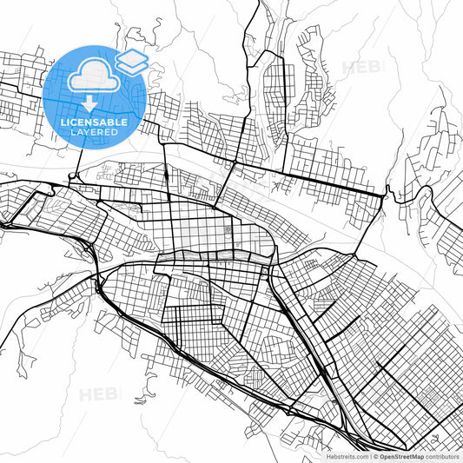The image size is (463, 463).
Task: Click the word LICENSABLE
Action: (95, 122)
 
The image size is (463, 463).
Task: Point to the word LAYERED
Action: (95, 132)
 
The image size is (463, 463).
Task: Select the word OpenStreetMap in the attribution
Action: (400, 454)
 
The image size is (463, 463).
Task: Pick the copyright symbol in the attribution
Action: (374, 454)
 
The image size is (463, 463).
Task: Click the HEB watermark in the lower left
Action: (101, 394)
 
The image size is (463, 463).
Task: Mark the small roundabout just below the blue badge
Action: (72, 178)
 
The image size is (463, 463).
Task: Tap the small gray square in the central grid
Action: (228, 231)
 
